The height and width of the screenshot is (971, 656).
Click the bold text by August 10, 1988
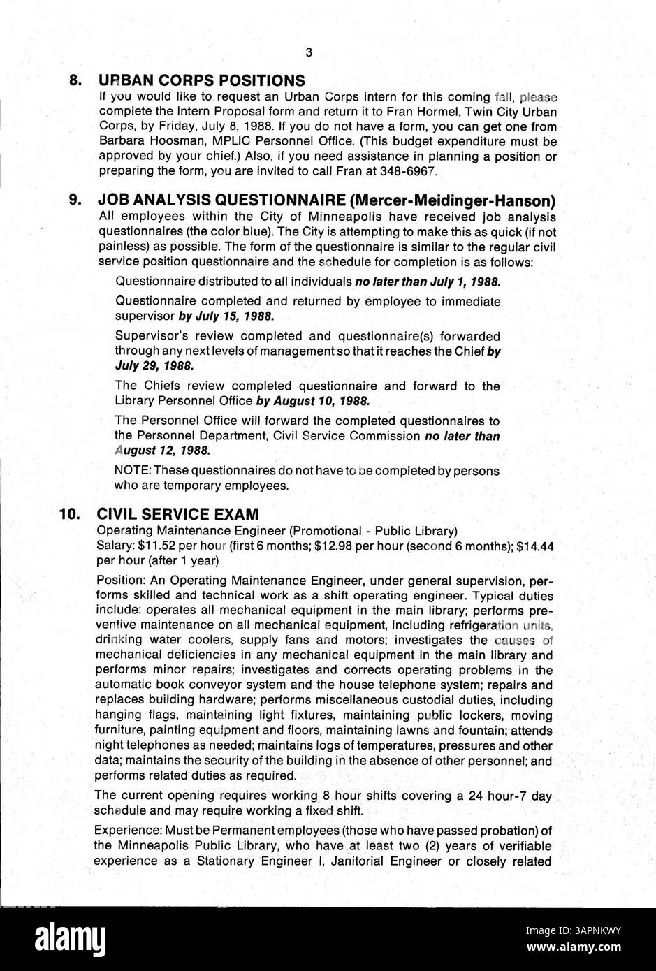[312, 401]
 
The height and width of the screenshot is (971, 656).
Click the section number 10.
[73, 514]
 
